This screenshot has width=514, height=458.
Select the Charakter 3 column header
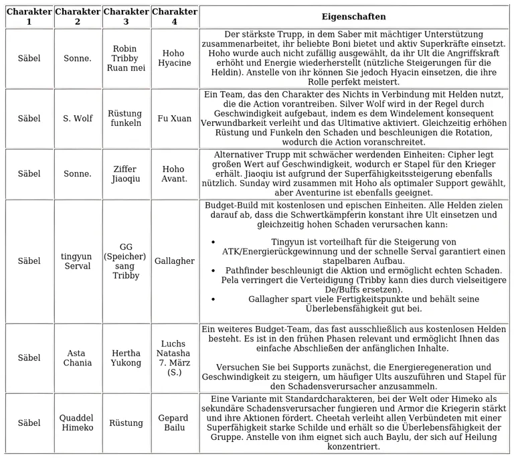[x=126, y=17]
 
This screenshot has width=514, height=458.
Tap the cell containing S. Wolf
[x=78, y=119]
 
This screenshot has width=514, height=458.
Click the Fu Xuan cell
[x=175, y=119]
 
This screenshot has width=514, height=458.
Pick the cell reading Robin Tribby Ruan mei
[x=126, y=58]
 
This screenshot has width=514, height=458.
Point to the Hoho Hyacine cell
[x=175, y=58]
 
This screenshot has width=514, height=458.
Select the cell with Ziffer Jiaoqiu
[x=126, y=174]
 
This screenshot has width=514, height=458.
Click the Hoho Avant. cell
[x=175, y=174]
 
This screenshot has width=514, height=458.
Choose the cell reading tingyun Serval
[x=78, y=261]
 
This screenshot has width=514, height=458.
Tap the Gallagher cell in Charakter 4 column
[x=175, y=261]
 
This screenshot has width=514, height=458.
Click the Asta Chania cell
[x=78, y=358]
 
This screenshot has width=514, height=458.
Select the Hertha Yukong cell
[x=126, y=358]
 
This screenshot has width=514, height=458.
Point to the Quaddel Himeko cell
[x=78, y=423]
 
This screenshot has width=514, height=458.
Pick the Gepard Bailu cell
[x=175, y=423]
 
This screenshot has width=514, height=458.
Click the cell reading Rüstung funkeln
[x=126, y=119]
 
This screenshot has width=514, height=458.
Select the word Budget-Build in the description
[x=232, y=205]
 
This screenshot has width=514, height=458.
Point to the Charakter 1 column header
[x=29, y=17]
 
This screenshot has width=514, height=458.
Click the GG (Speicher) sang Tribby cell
[x=126, y=261]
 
